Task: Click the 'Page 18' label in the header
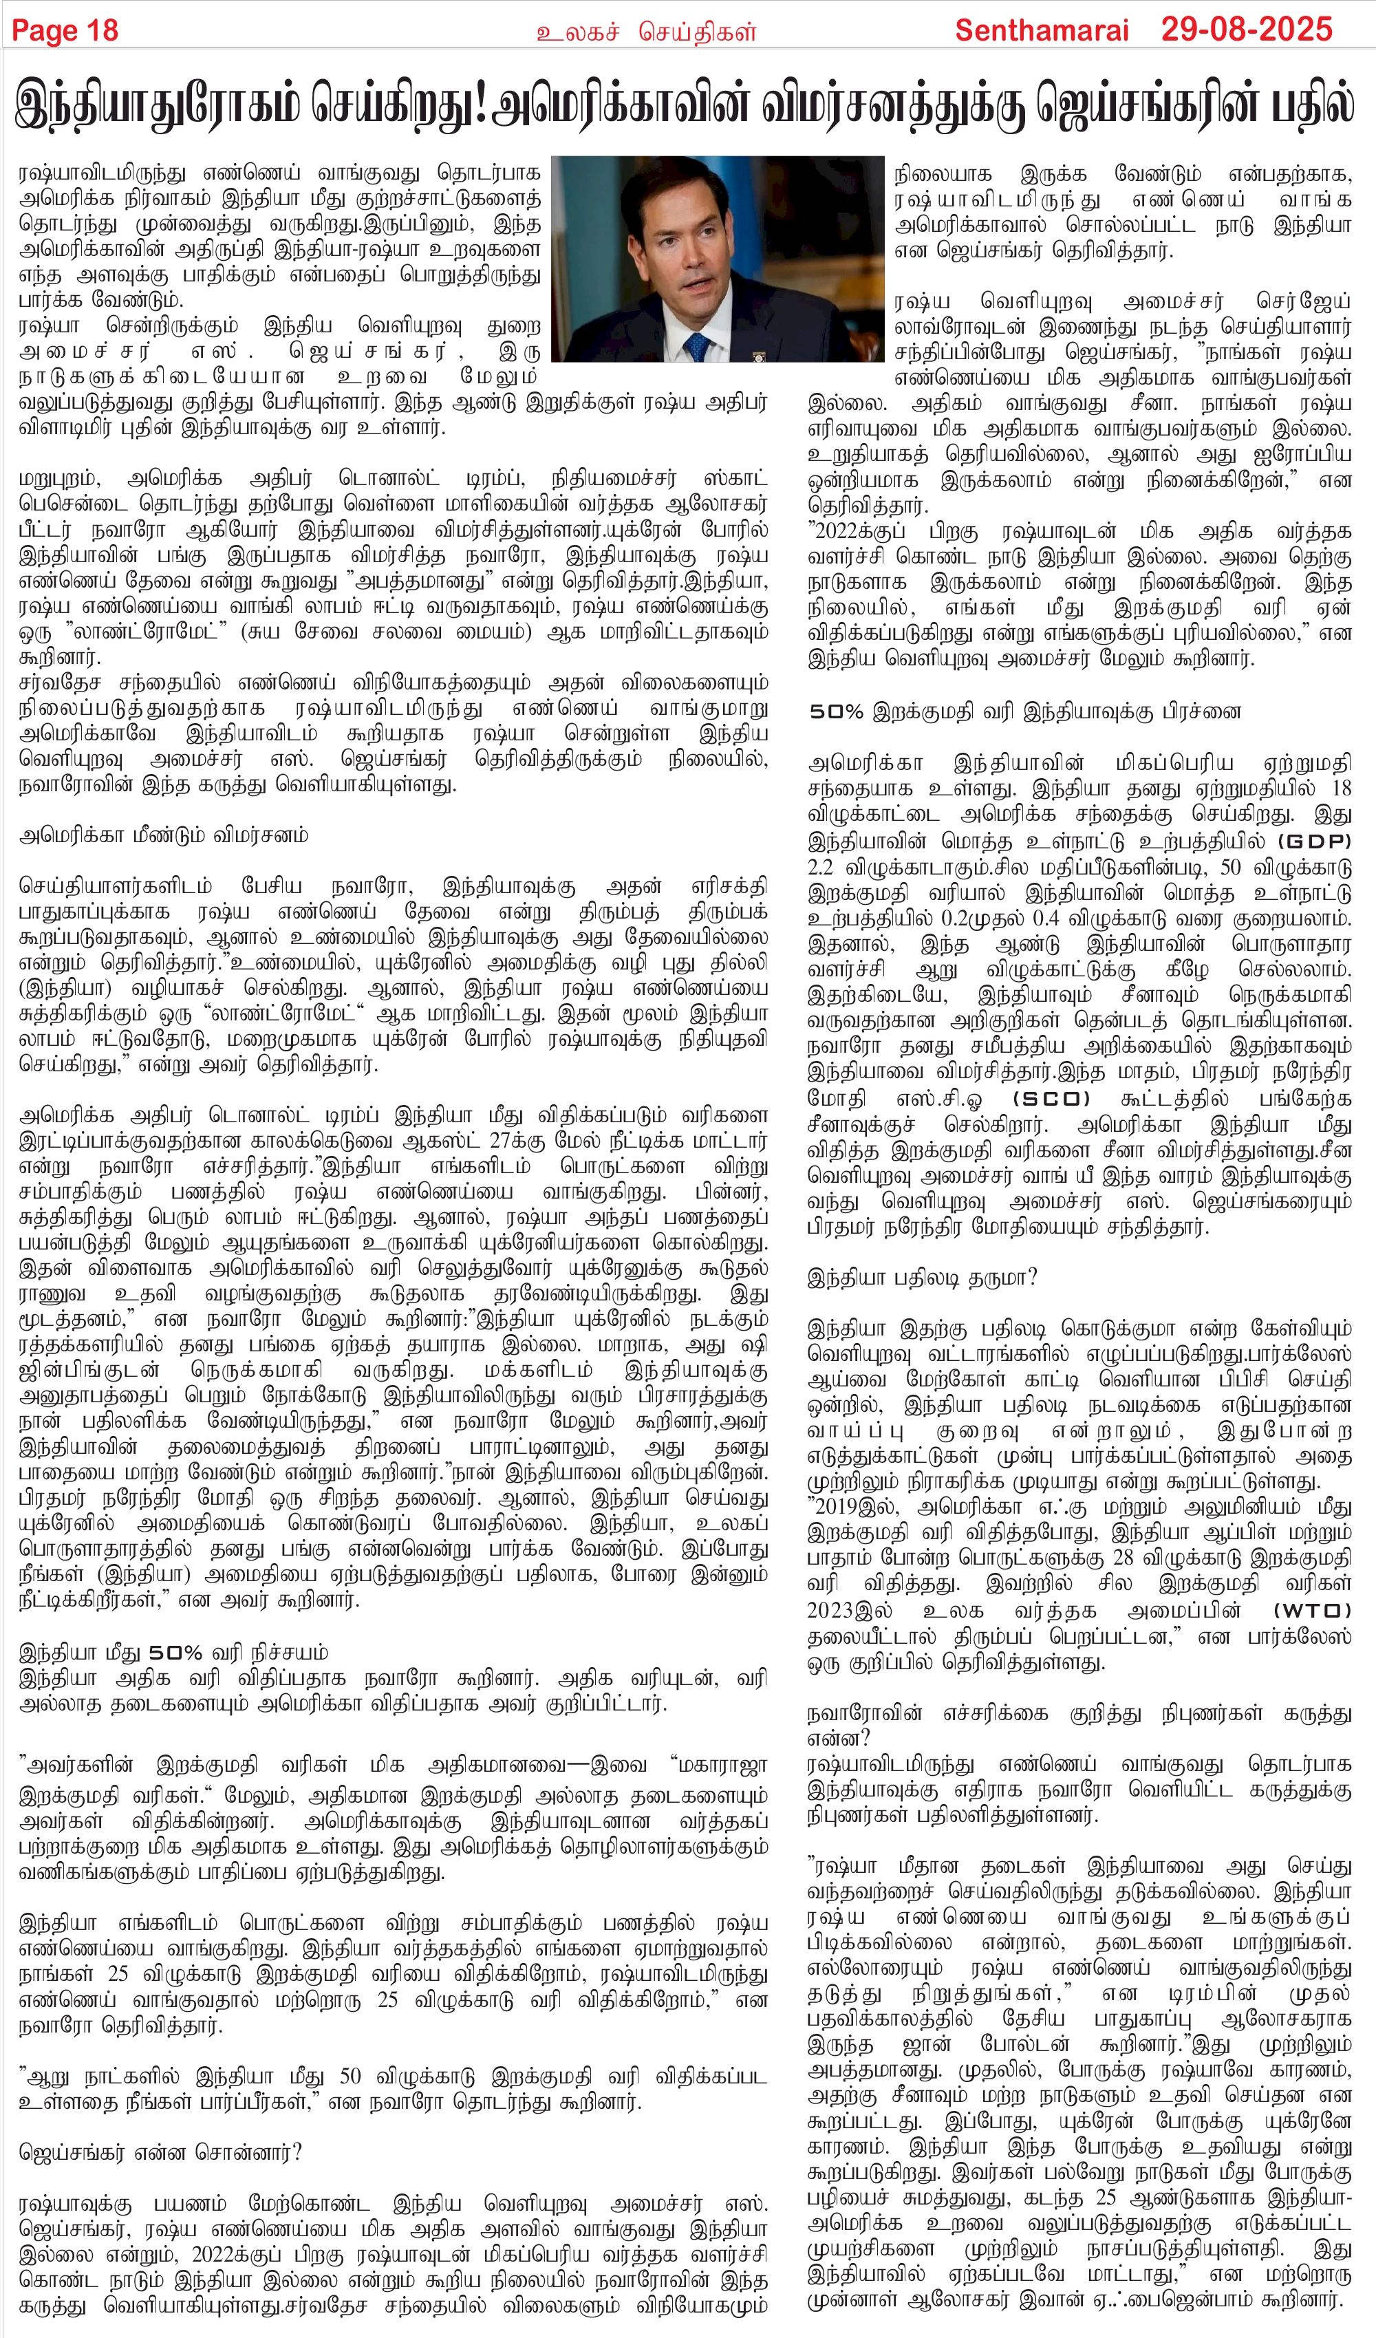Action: coord(65,30)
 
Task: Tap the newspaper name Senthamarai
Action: coord(1041,30)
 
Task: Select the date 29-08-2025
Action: coord(1246,30)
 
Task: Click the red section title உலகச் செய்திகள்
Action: coord(647,32)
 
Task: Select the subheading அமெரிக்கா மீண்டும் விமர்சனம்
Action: coord(163,835)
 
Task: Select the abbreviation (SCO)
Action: coord(1051,1099)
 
